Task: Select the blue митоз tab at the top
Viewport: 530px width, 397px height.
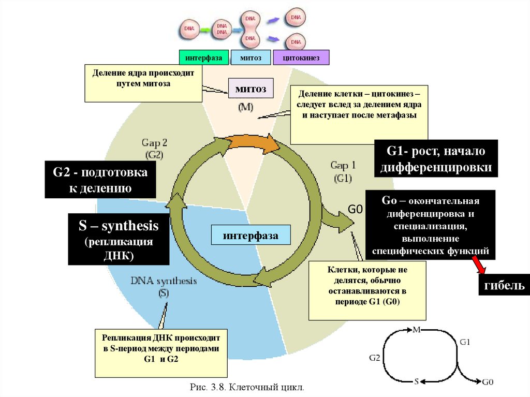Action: click(x=251, y=58)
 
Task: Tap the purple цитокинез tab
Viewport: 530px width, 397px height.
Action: click(x=301, y=58)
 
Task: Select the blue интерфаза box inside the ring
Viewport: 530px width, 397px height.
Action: click(x=251, y=236)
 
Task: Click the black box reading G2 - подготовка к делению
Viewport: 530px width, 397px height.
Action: click(x=100, y=180)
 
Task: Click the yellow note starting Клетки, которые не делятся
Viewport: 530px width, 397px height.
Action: click(x=367, y=290)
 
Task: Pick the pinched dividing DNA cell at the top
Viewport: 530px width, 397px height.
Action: click(x=250, y=30)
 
